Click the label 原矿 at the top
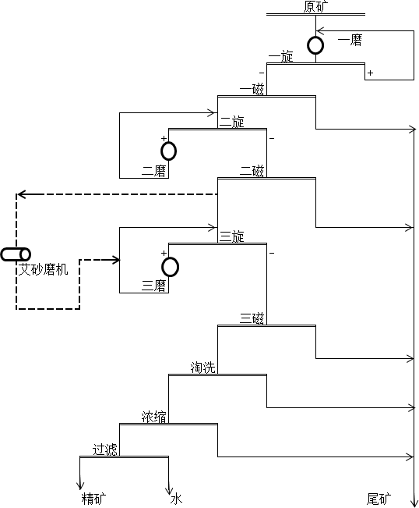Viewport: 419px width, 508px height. click(315, 6)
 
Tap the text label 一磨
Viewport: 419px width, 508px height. click(350, 41)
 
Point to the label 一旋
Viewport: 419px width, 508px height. click(280, 56)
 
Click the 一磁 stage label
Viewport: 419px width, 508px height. click(252, 88)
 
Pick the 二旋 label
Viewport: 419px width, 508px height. click(232, 122)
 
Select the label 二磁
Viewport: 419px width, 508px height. click(252, 170)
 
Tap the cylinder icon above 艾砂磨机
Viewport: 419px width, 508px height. click(16, 254)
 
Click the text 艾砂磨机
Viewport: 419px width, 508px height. click(44, 269)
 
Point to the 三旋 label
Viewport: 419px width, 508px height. click(232, 236)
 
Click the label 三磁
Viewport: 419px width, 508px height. click(252, 318)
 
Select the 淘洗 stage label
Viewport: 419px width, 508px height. click(202, 368)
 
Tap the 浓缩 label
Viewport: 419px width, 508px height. click(154, 417)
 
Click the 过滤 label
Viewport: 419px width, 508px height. click(105, 449)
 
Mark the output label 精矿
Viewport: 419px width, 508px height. click(93, 499)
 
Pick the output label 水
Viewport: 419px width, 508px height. click(176, 499)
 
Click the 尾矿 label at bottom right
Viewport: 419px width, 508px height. click(379, 499)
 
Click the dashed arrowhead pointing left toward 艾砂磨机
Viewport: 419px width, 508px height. click(21, 194)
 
